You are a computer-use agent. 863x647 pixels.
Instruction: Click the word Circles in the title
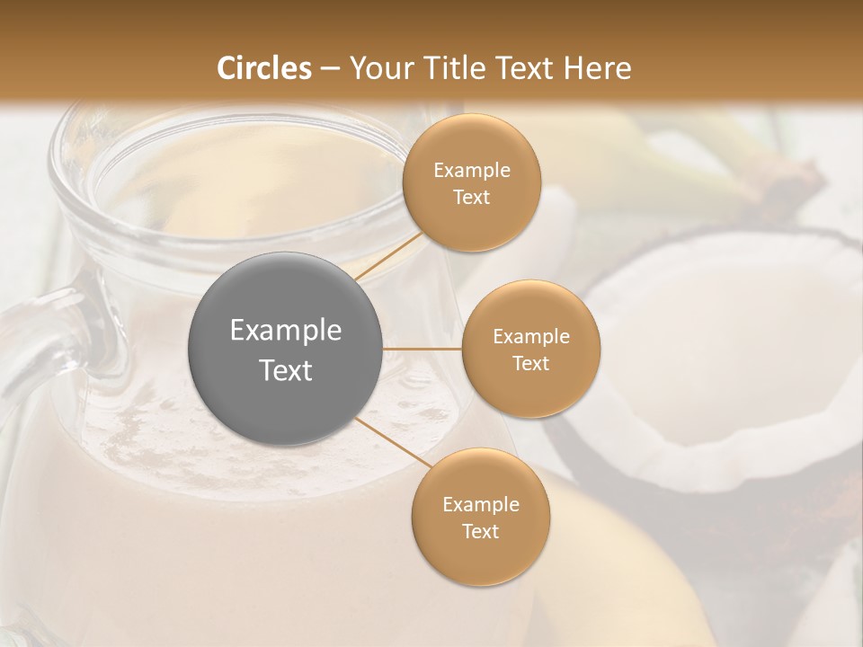point(263,68)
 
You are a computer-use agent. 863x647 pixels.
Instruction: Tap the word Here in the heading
point(597,68)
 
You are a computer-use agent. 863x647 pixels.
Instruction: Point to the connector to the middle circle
point(423,348)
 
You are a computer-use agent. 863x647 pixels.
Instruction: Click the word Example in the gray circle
point(286,331)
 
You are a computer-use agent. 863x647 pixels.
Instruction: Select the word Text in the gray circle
point(286,370)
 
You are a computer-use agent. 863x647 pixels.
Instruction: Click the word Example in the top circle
point(472,171)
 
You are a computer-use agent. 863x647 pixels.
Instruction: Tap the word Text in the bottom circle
point(480,532)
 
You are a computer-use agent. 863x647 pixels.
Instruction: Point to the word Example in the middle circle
point(531,337)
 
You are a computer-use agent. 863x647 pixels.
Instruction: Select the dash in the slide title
point(329,69)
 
